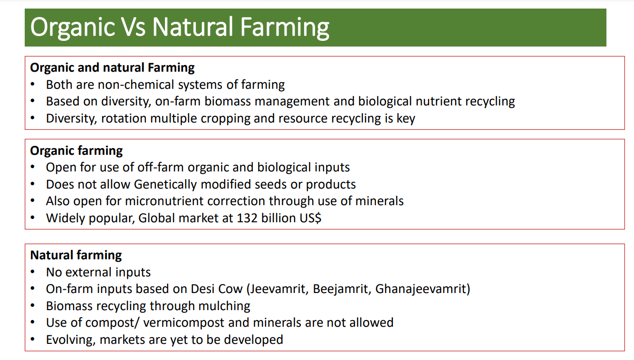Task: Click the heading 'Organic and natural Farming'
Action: click(112, 68)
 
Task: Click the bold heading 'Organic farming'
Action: click(77, 151)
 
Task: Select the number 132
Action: click(247, 218)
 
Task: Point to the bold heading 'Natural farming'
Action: click(76, 256)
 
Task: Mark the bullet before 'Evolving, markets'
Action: click(33, 339)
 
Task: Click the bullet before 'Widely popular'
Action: click(33, 218)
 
